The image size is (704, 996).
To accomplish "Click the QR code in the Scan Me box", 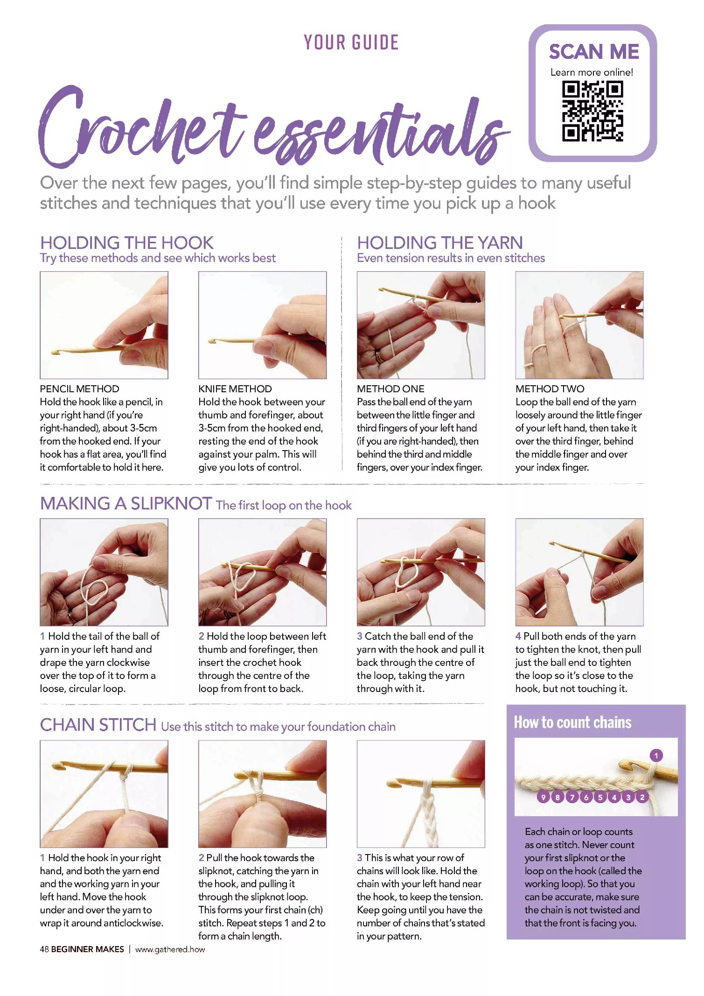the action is pos(592,111).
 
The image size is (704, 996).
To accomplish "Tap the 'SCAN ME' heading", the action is pos(593,51).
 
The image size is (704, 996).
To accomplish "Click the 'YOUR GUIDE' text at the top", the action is pos(351,42).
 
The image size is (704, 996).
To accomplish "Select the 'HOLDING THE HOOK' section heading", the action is pos(127,243).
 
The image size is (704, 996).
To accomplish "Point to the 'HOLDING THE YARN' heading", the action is pos(440,243).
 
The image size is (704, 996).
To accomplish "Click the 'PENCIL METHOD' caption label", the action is pos(80,389).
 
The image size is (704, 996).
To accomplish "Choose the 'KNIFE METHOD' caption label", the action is pos(235,389).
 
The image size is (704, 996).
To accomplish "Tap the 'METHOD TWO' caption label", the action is pos(550,389).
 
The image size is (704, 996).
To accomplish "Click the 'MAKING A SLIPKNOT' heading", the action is pos(126,503).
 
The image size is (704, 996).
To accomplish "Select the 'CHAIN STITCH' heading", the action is pos(98,725).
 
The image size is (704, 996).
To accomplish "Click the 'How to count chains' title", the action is pos(572,722).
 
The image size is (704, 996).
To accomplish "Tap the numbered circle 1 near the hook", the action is pos(656,755).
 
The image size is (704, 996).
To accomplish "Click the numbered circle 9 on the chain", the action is pos(543,797).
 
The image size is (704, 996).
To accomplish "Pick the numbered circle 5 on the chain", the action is pos(600,797).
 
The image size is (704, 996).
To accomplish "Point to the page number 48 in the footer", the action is pos(44,949).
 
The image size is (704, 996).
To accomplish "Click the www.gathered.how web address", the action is pos(170,949).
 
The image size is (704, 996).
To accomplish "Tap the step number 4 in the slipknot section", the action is pos(518,636).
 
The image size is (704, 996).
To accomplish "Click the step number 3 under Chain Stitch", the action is pos(360,858).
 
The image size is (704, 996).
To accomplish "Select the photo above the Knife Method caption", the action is pos(263,325).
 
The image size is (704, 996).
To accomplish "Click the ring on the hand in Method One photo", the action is pos(379,357).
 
